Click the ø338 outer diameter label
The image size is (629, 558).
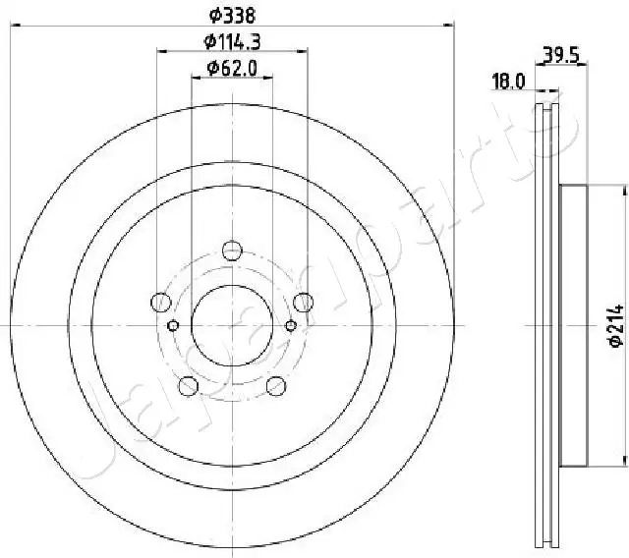232,16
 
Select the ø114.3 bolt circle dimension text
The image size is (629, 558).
232,41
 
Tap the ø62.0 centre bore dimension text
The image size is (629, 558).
232,68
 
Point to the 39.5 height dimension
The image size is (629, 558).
561,55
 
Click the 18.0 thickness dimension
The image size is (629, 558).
508,82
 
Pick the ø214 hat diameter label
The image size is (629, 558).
616,325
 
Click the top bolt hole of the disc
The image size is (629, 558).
232,251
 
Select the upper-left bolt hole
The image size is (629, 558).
161,303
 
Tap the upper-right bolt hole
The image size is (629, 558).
304,303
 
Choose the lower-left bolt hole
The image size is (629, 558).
188,386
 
